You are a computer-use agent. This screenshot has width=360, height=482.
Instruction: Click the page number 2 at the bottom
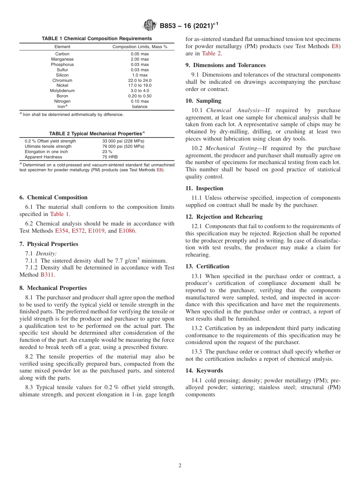coord(180,466)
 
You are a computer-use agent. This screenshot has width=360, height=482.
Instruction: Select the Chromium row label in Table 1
coord(62,80)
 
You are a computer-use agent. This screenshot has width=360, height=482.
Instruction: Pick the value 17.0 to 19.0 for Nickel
coord(139,86)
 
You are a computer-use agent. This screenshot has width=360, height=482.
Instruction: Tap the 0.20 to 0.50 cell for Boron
coord(139,96)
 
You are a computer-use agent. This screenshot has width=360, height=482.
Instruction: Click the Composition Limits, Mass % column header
coord(139,47)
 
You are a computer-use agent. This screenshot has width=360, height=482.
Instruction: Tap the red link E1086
coord(127,231)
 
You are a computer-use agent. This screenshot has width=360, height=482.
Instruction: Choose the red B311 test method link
coord(47,275)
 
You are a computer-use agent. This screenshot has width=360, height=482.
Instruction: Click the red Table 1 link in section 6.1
coord(59,214)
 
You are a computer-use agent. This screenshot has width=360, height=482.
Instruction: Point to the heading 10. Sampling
coord(203,101)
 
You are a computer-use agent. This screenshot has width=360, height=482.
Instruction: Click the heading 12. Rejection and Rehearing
coord(224,217)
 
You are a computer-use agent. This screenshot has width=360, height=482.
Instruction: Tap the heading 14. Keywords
coord(204,371)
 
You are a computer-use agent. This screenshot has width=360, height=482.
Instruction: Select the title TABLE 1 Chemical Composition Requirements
coord(97,38)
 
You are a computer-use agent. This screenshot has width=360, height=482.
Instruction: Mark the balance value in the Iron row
coord(139,106)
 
